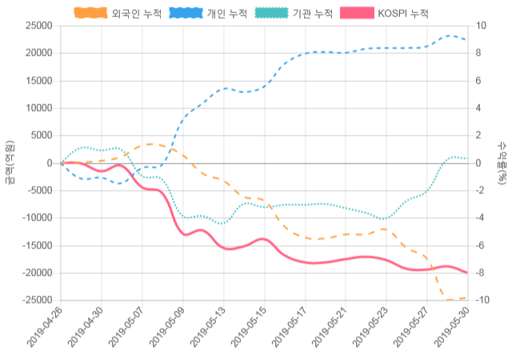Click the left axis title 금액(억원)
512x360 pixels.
[10, 162]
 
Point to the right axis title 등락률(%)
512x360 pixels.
[502, 162]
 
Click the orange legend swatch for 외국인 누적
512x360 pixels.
[90, 14]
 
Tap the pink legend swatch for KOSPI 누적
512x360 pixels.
[356, 14]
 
